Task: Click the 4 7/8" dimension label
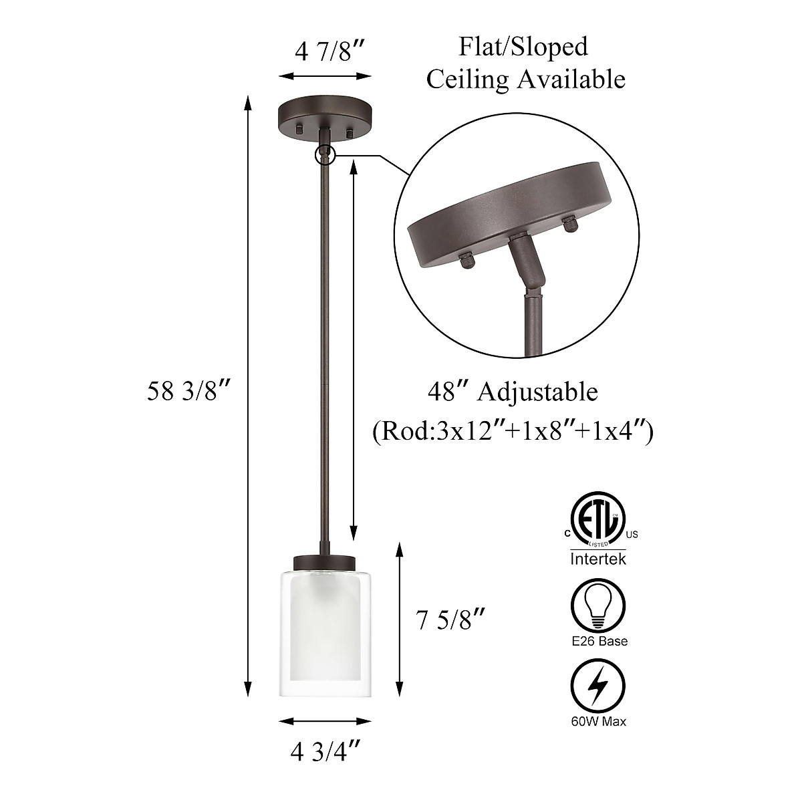[332, 51]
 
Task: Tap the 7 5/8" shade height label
[450, 621]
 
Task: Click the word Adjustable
[537, 392]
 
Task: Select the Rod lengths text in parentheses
[513, 430]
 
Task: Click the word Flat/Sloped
[523, 47]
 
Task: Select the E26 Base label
[599, 642]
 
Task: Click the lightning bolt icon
[598, 687]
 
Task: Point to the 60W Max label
[599, 721]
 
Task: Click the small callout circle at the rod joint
[325, 154]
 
